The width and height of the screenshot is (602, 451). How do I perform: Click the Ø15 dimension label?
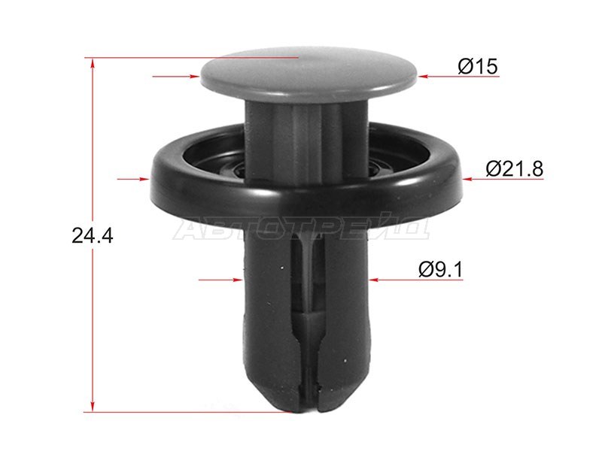478,66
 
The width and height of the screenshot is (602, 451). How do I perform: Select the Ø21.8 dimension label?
515,168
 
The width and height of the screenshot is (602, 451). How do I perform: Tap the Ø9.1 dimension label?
441,270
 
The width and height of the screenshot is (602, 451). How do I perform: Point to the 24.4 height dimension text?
93,235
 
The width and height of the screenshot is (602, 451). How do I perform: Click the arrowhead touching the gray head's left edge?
195,77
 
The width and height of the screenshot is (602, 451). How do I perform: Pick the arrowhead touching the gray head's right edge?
423,77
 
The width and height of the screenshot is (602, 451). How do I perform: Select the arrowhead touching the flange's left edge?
144,179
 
